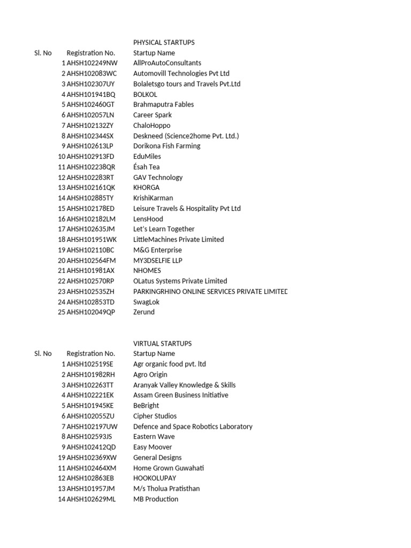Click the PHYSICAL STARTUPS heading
(x=164, y=42)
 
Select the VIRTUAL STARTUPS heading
(x=162, y=344)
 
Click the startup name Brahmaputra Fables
(x=163, y=104)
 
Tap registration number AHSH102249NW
(x=92, y=63)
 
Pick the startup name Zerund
(x=143, y=312)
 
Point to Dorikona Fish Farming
(x=166, y=146)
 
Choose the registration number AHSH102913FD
(x=90, y=156)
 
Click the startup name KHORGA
(x=146, y=188)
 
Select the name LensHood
(x=148, y=219)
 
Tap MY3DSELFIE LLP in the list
(x=157, y=260)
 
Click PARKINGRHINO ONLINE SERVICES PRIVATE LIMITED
(x=210, y=292)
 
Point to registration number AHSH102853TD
(x=90, y=302)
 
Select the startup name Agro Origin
(x=150, y=375)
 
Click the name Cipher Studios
(x=155, y=416)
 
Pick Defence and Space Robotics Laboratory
(x=193, y=427)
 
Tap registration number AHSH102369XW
(x=92, y=458)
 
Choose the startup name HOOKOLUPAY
(x=154, y=478)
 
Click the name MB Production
(x=156, y=499)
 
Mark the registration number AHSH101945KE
(x=90, y=406)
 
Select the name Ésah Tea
(x=146, y=167)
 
